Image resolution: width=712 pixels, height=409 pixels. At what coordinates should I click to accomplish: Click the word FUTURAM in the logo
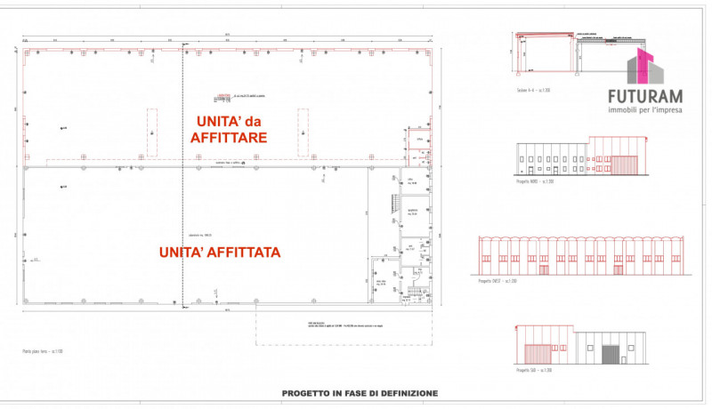[x=643, y=95]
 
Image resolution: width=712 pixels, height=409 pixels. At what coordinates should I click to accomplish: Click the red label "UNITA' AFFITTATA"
[x=220, y=252]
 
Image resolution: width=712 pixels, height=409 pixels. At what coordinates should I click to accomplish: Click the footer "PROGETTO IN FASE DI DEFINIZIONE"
[x=360, y=392]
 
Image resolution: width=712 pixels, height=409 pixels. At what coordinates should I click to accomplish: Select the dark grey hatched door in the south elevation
[x=610, y=354]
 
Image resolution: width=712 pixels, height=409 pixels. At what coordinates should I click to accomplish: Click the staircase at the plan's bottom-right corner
[x=416, y=293]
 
